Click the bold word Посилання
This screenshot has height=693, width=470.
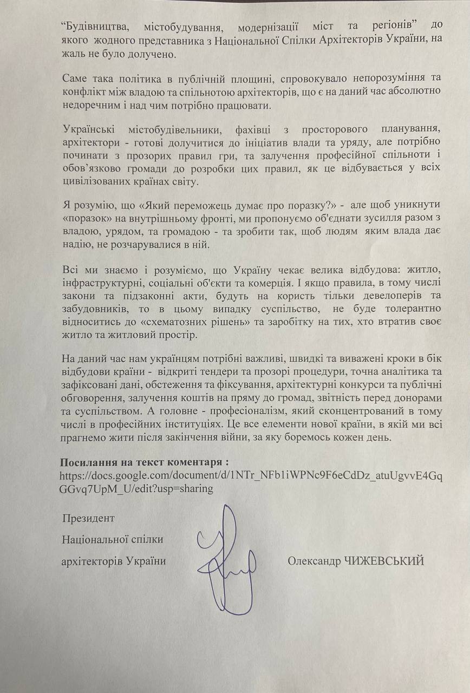[91, 463]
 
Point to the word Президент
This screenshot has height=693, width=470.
[88, 518]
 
